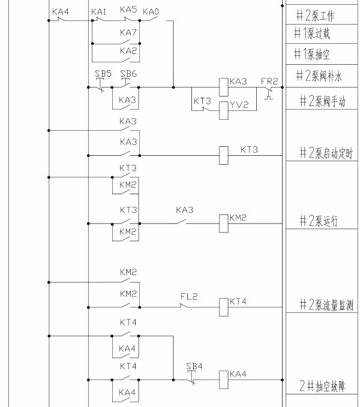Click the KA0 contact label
[151, 12]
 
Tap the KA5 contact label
[128, 10]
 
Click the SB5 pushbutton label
[103, 73]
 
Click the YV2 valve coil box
[224, 107]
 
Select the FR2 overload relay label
[269, 80]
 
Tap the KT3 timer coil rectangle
[224, 155]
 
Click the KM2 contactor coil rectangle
[224, 223]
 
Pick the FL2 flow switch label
[189, 296]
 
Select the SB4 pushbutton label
[193, 366]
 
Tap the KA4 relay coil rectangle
[224, 379]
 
